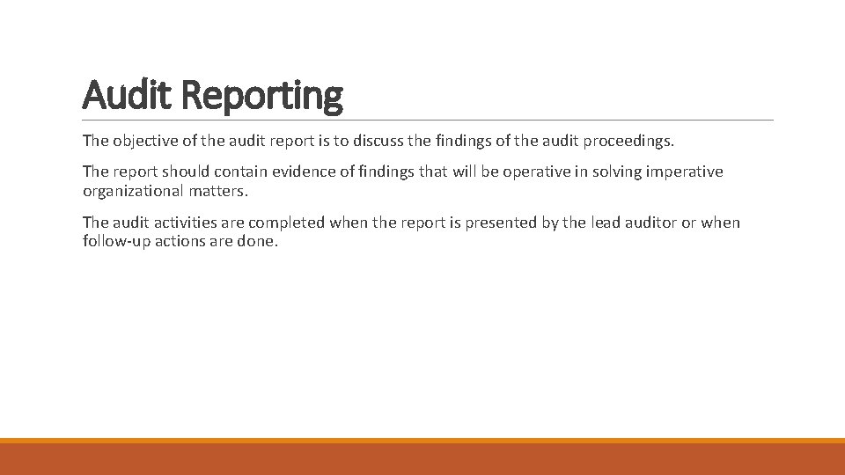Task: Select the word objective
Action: click(x=145, y=141)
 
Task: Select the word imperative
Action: click(x=686, y=172)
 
